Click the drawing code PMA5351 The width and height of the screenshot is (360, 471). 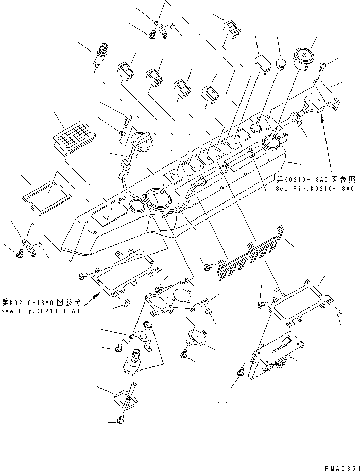coord(339,467)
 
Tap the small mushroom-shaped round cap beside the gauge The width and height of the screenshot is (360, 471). coord(281,64)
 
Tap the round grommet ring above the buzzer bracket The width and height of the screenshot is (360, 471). coord(147,325)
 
